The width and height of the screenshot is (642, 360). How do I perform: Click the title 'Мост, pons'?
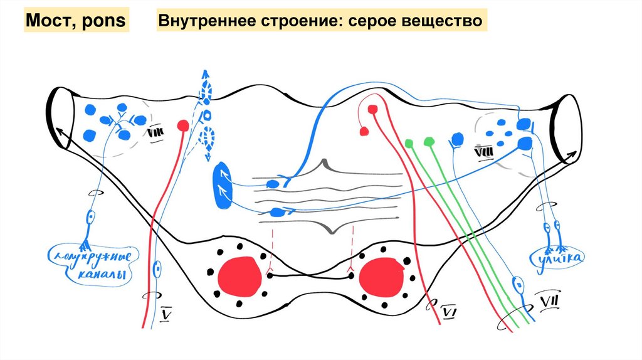tap(76, 22)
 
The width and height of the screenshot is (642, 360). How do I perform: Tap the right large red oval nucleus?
tap(381, 276)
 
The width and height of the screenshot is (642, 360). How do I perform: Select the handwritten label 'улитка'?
tap(560, 257)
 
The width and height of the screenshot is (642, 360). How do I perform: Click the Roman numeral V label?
tap(166, 312)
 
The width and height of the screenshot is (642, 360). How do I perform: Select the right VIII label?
tap(483, 151)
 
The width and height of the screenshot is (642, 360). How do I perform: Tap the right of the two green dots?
tap(429, 140)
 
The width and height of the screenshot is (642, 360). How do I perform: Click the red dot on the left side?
tap(183, 125)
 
